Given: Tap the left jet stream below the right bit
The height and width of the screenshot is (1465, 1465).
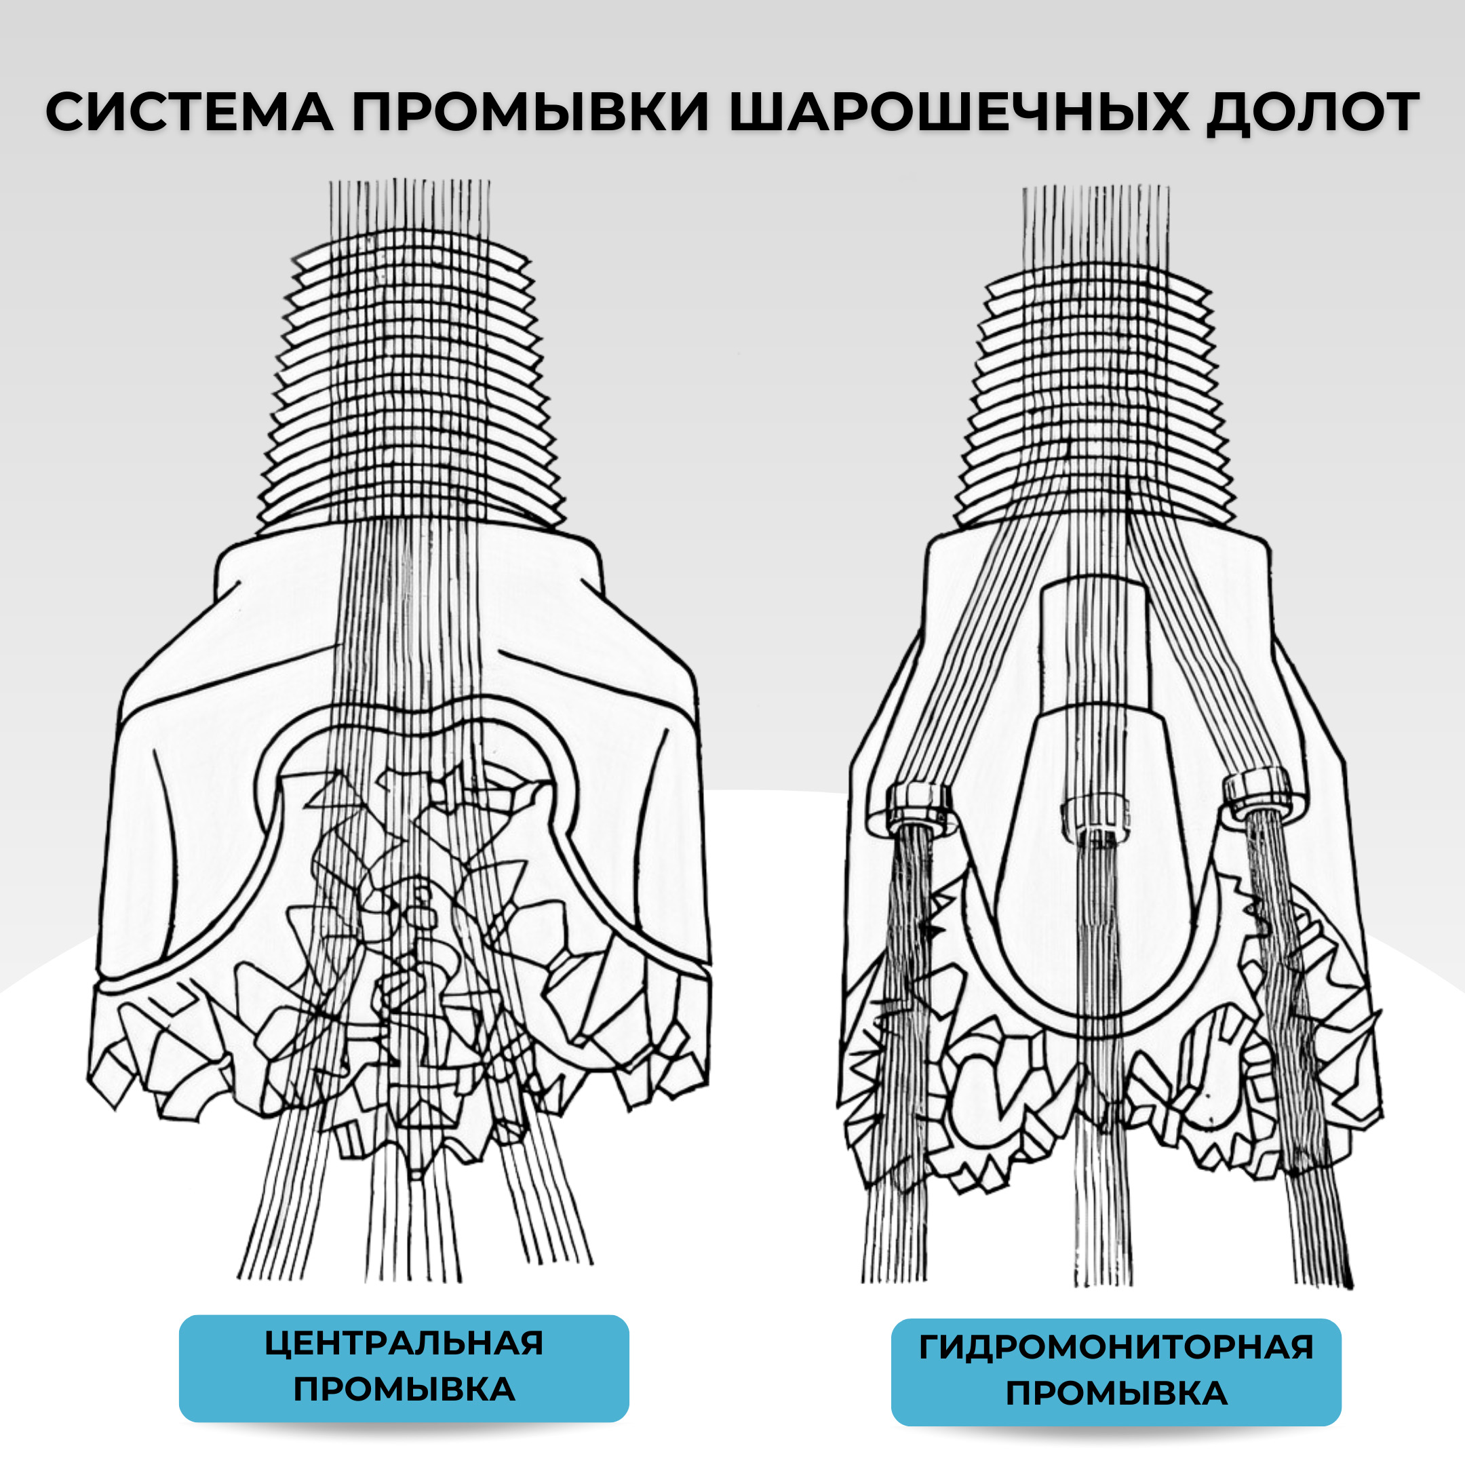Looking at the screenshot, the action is [x=899, y=1061].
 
